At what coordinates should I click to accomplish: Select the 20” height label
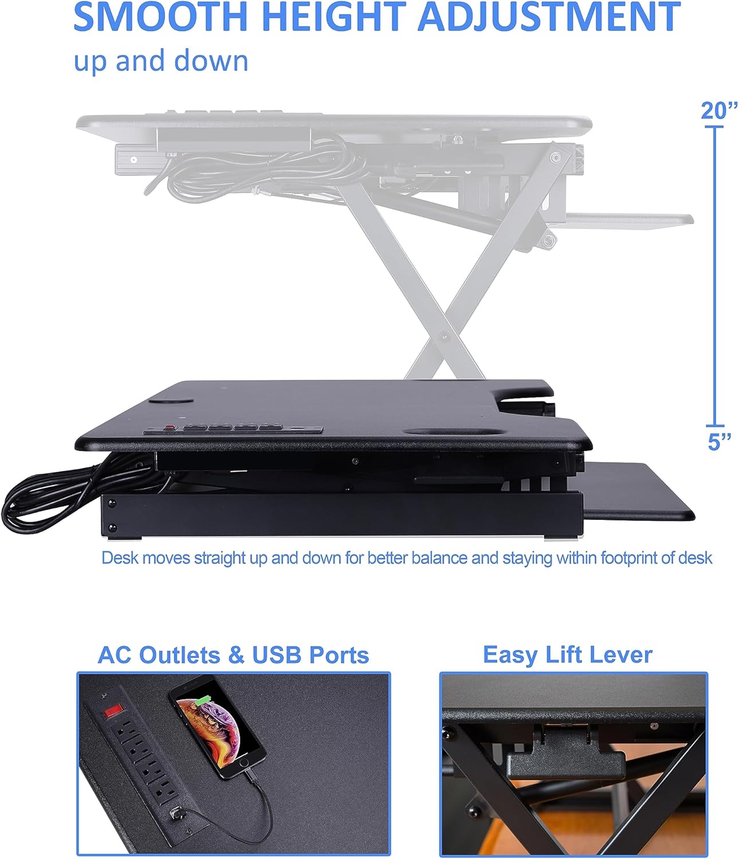[x=719, y=111]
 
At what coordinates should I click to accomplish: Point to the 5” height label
[x=719, y=442]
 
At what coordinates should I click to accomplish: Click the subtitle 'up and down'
[x=161, y=61]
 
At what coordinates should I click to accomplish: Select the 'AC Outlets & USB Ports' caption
[x=233, y=655]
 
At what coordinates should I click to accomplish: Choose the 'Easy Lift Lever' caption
[x=567, y=655]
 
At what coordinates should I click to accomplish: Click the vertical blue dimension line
[x=714, y=275]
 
